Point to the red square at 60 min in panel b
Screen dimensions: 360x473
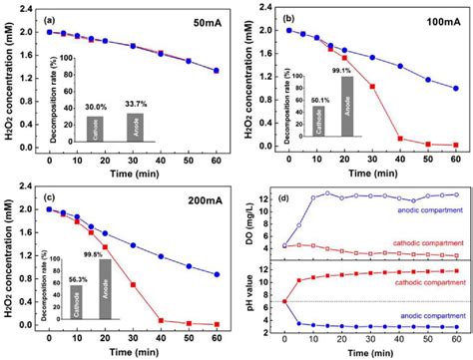(x=455, y=145)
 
